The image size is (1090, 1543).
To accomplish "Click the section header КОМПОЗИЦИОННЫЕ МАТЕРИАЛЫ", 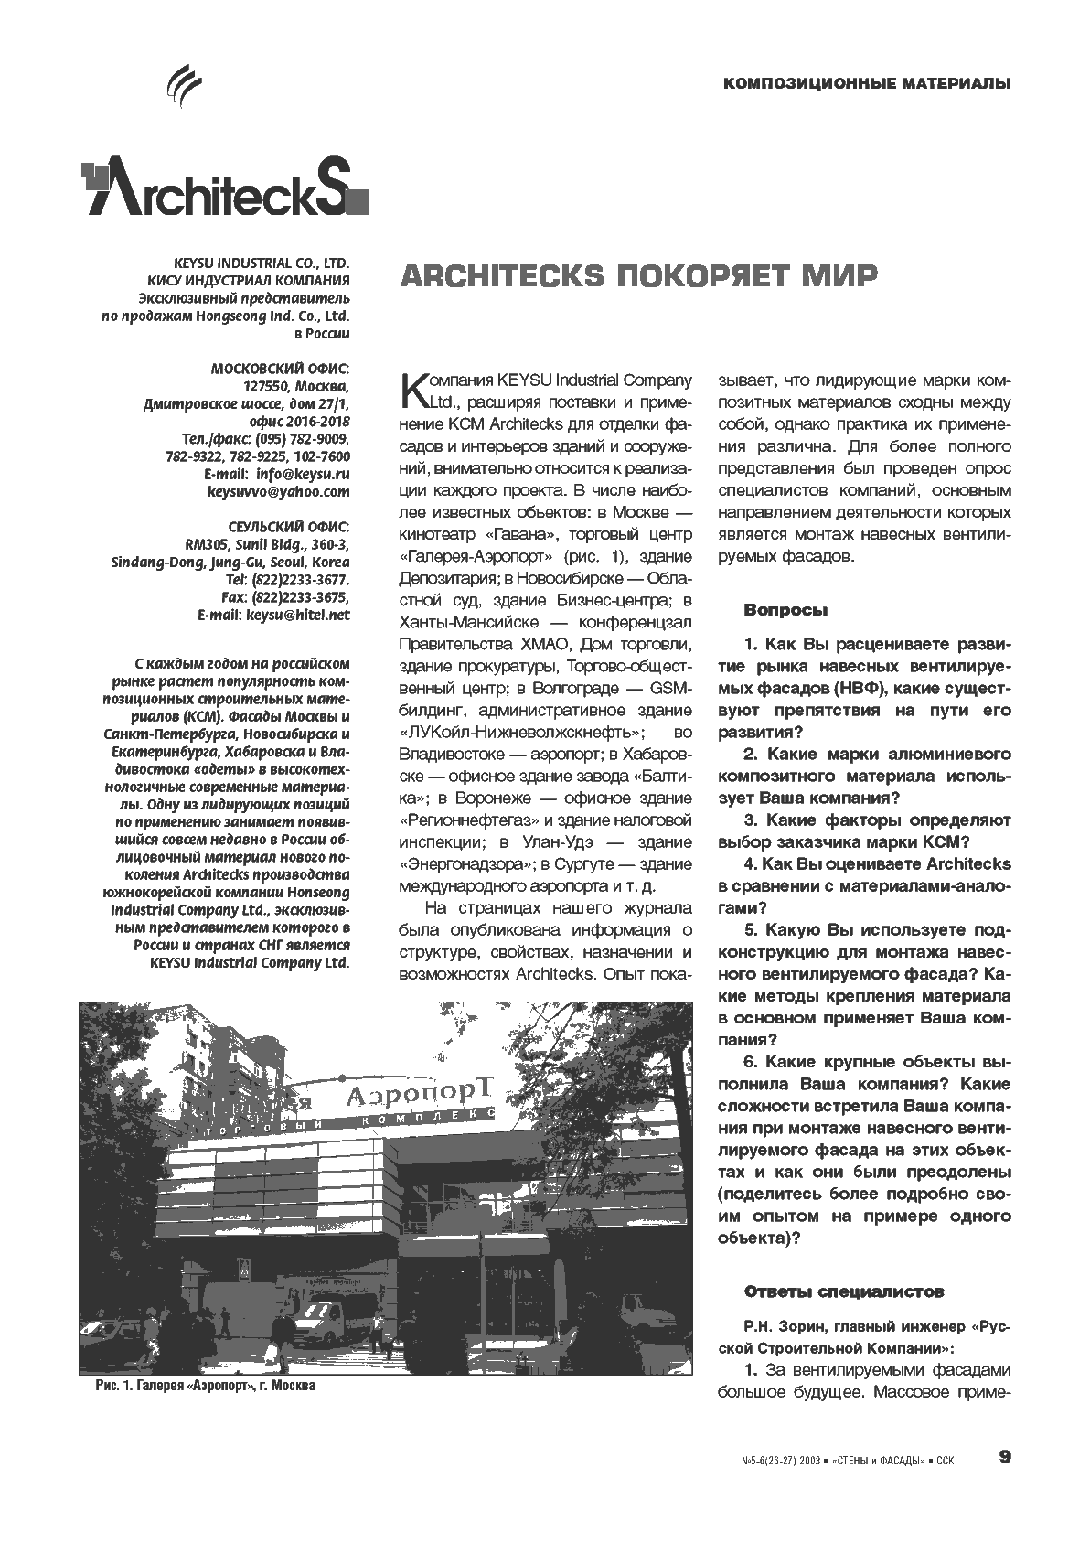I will pos(866,84).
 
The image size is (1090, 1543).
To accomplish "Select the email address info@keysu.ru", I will pos(303,475).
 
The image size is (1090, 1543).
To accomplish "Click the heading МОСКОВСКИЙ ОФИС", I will pos(280,369).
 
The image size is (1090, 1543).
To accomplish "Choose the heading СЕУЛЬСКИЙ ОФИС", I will pos(288,527).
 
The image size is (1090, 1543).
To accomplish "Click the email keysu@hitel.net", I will pos(298,616).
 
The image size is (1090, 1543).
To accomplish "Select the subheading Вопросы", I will pos(786,610).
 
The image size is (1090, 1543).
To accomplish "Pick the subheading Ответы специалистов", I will pos(843,1292).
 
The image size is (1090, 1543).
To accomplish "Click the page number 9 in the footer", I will pos(1005,1457).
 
